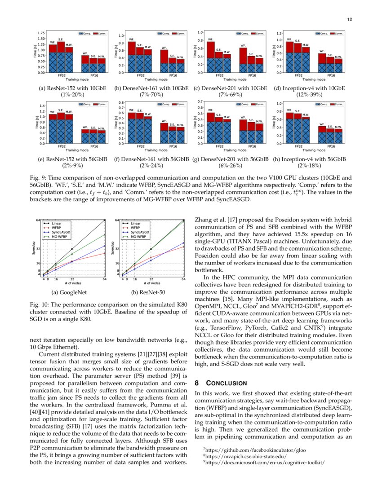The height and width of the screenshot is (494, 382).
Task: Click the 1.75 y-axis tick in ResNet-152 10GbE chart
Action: (41, 33)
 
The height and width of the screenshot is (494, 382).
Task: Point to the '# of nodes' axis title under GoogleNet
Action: (72, 283)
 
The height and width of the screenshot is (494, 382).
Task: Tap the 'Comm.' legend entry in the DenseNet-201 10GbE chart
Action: (257, 33)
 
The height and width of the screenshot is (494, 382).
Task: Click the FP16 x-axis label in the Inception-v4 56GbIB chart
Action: (331, 146)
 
